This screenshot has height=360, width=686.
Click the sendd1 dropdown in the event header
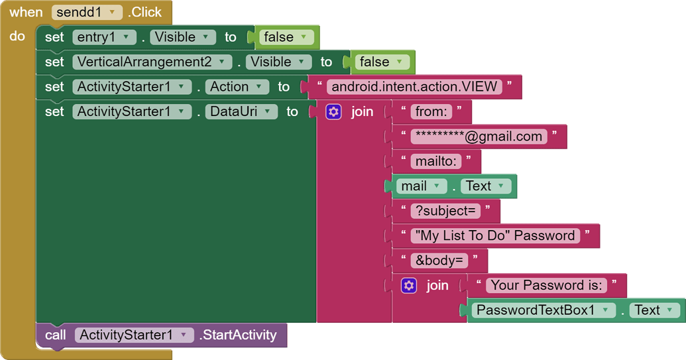pos(86,12)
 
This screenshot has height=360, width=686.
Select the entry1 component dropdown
pos(104,37)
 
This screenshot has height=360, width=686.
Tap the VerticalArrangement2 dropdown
pos(153,62)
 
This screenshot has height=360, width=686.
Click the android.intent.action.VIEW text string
pos(414,87)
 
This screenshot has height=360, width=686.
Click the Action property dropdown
pos(237,87)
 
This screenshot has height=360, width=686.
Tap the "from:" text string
pos(431,111)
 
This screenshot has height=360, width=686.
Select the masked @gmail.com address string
pos(479,137)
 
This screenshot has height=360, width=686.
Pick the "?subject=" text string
pos(445,211)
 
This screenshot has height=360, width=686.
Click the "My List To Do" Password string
pos(494,235)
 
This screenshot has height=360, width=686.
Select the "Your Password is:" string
pos(546,285)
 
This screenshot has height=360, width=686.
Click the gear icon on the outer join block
pos(333,111)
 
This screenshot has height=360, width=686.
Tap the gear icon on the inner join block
pos(409,285)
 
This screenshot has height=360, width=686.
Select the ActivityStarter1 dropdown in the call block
pos(134,335)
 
